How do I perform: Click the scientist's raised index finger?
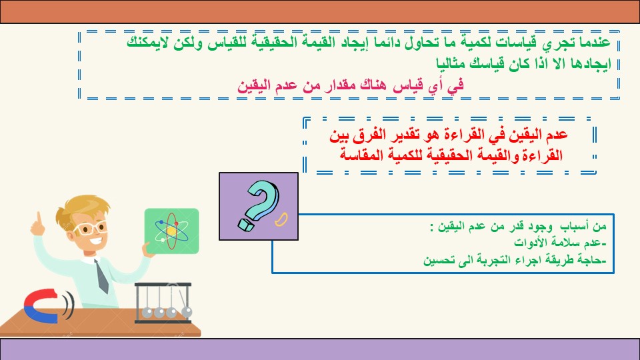pyautogui.click(x=39, y=218)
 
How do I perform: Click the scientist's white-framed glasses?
pyautogui.click(x=90, y=228)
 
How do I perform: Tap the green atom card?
pyautogui.click(x=172, y=231)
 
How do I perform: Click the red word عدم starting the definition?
pyautogui.click(x=557, y=134)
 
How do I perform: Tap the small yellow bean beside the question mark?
pyautogui.click(x=281, y=219)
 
